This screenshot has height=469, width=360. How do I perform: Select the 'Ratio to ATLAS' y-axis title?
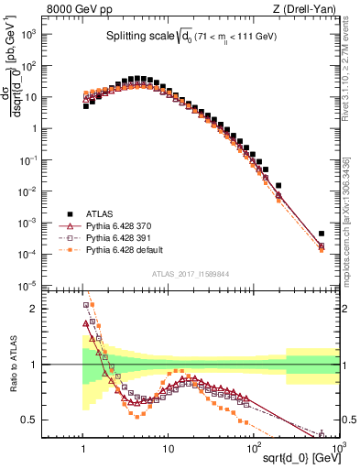click(12, 365)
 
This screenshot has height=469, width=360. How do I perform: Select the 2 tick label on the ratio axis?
click(42, 309)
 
